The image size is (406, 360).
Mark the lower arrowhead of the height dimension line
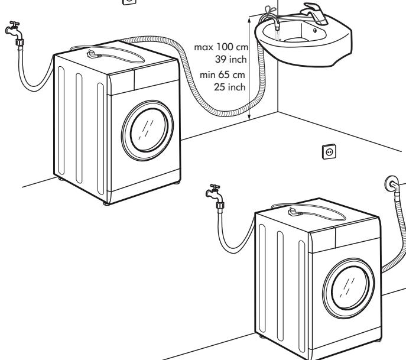click(x=250, y=116)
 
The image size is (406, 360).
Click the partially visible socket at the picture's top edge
click(x=129, y=2)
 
